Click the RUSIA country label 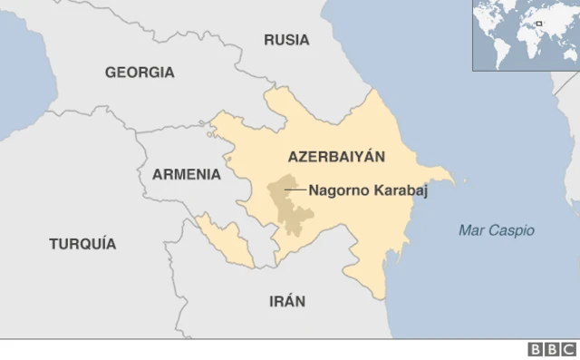tap(286, 40)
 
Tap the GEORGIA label tap(140, 73)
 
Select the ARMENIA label tap(186, 173)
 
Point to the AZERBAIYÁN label tap(335, 157)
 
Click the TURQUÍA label tap(82, 243)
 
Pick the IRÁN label tap(287, 301)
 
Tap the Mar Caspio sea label tap(496, 230)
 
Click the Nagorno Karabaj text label tap(367, 190)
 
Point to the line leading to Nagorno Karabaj tap(295, 190)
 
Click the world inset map tap(525, 34)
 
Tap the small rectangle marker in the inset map tap(538, 24)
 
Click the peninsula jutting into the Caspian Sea tap(444, 175)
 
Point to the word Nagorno tap(336, 190)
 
